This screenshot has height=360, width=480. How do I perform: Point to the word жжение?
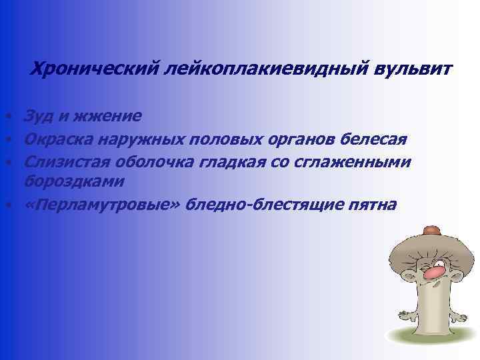coord(107,116)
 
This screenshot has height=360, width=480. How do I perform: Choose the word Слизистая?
coord(67,162)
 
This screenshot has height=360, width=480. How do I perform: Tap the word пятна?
coord(373,204)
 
